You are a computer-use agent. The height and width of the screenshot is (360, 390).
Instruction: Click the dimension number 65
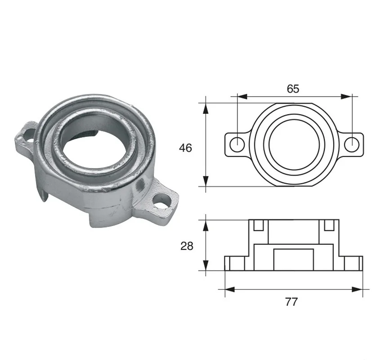pyautogui.click(x=293, y=89)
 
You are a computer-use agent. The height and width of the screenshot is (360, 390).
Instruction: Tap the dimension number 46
pyautogui.click(x=185, y=148)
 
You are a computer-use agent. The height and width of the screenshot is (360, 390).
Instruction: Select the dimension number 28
pyautogui.click(x=187, y=246)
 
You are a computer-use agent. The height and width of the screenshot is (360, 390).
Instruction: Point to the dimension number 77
pyautogui.click(x=291, y=302)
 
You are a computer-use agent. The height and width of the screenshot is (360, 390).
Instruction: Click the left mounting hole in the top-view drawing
pyautogui.click(x=237, y=144)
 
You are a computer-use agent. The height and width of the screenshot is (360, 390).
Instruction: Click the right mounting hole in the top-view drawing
pyautogui.click(x=352, y=144)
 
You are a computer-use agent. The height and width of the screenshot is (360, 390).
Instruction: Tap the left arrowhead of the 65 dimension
pyautogui.click(x=242, y=97)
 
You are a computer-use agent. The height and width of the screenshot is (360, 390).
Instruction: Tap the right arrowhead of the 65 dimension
pyautogui.click(x=347, y=97)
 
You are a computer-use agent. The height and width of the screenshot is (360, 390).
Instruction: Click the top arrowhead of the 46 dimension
pyautogui.click(x=206, y=108)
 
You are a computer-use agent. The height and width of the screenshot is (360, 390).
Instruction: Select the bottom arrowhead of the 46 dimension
pyautogui.click(x=206, y=181)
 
